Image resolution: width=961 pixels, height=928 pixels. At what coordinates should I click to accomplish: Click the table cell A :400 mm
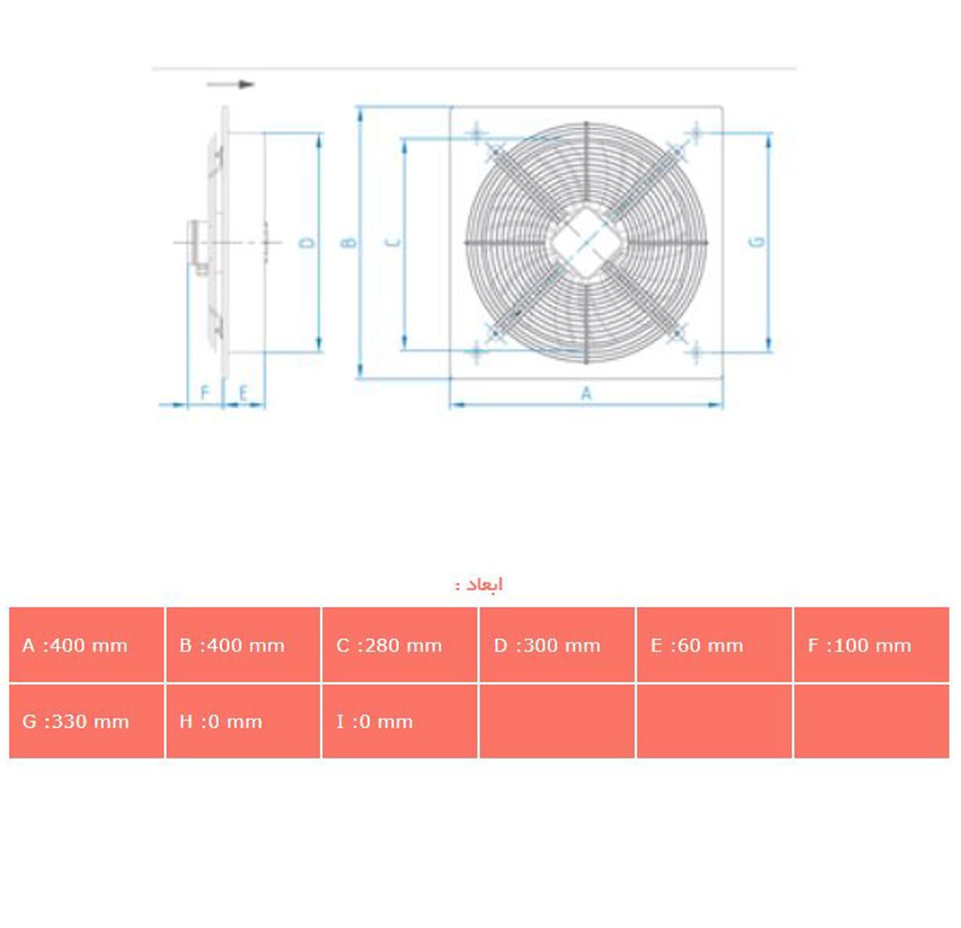pyautogui.click(x=86, y=645)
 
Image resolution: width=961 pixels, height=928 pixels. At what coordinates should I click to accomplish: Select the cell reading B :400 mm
pyautogui.click(x=243, y=645)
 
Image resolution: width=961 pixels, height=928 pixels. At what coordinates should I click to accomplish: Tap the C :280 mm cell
pyautogui.click(x=399, y=645)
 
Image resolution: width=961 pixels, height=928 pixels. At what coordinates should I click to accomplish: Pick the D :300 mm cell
pyautogui.click(x=556, y=645)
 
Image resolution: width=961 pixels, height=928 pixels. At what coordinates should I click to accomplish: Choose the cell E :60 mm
pyautogui.click(x=713, y=645)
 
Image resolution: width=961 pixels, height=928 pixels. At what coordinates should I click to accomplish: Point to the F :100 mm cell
pyautogui.click(x=870, y=645)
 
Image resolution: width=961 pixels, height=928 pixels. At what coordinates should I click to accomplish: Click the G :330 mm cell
pyautogui.click(x=86, y=721)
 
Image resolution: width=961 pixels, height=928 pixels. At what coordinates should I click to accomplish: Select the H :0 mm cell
pyautogui.click(x=243, y=721)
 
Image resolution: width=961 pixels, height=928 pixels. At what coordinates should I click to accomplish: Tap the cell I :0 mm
pyautogui.click(x=399, y=721)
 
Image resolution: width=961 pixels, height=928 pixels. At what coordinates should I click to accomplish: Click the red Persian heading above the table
pyautogui.click(x=480, y=584)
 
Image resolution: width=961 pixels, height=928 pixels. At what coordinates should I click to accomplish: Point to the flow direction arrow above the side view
pyautogui.click(x=230, y=84)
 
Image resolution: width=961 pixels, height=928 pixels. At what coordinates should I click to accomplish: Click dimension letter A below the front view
pyautogui.click(x=587, y=394)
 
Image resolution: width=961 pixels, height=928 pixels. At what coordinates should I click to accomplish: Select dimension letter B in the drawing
pyautogui.click(x=349, y=242)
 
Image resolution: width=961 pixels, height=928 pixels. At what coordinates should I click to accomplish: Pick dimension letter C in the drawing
pyautogui.click(x=394, y=242)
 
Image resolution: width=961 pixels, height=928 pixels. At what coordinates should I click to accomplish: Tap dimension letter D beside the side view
pyautogui.click(x=308, y=243)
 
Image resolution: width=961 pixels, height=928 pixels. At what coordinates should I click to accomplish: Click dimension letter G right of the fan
pyautogui.click(x=756, y=242)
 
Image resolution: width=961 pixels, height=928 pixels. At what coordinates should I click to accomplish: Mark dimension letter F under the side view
pyautogui.click(x=205, y=392)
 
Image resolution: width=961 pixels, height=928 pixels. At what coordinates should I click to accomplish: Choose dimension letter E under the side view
pyautogui.click(x=243, y=393)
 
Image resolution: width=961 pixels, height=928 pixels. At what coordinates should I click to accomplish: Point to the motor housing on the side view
pyautogui.click(x=197, y=244)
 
